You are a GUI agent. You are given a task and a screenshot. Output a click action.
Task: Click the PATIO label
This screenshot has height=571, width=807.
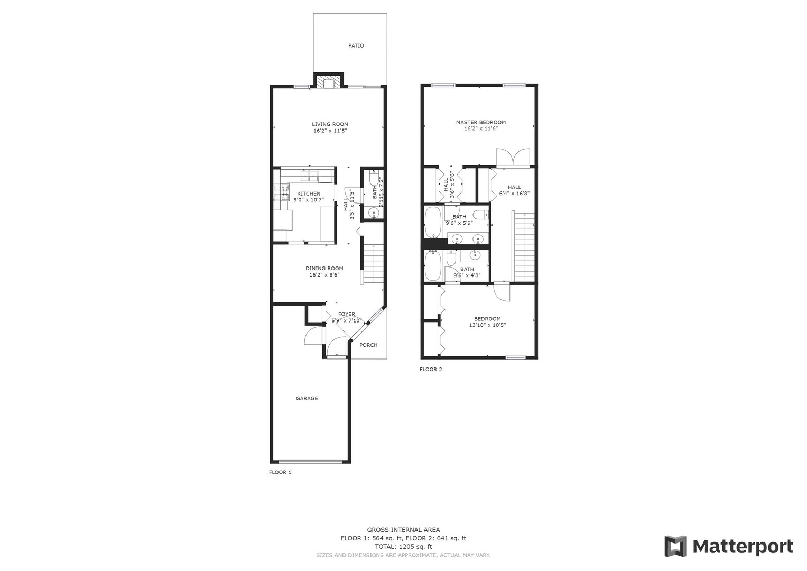[x=356, y=46]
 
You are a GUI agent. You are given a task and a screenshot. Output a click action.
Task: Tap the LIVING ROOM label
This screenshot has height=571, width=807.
[x=330, y=124]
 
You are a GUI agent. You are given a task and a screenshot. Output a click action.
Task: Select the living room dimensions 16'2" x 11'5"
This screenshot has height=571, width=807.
[x=330, y=131]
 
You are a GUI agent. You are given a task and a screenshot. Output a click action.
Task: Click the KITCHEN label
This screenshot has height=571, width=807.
[x=309, y=194]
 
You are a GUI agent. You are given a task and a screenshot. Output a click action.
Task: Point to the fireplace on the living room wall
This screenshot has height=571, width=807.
[x=329, y=80]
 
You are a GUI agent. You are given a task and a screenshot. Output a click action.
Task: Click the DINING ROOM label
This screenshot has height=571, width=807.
[x=324, y=268]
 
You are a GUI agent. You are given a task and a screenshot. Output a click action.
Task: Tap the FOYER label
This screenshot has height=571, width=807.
[x=347, y=314]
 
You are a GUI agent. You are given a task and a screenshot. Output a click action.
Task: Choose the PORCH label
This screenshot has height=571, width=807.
[x=368, y=345]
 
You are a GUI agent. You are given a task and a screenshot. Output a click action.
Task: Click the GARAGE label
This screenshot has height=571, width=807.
[x=307, y=398]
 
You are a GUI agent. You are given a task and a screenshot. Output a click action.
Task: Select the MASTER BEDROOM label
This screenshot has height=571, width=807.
[x=481, y=122]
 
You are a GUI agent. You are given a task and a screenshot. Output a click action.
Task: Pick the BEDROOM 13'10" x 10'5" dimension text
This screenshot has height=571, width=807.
[x=487, y=325]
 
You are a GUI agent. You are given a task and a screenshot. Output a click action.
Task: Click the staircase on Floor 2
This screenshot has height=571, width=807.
[x=524, y=246]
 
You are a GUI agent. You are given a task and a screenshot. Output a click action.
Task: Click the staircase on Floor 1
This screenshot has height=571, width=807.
[x=374, y=264]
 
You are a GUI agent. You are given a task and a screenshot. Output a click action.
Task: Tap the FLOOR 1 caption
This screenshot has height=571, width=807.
[x=280, y=472]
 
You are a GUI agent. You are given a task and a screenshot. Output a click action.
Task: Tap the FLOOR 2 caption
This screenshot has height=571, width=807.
[x=431, y=369]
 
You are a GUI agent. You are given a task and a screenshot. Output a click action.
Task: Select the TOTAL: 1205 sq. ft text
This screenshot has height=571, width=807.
[x=404, y=546]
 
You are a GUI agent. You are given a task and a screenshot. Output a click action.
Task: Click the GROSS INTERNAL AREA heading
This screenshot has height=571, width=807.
[x=404, y=530]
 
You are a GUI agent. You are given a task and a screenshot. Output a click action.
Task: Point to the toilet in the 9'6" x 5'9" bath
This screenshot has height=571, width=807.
[x=481, y=215]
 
